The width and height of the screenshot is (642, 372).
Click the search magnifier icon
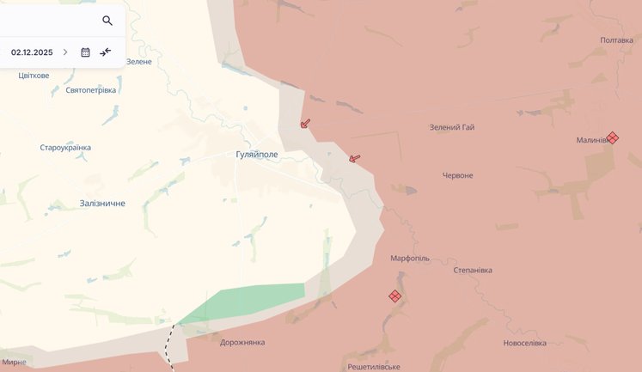tap(107, 21)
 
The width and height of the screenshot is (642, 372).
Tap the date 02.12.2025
tap(32, 52)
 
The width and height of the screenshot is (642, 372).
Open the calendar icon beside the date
tap(85, 52)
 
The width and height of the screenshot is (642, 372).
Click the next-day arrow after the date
tap(65, 52)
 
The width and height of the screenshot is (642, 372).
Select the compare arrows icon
tap(106, 52)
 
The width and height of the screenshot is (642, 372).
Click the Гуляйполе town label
tap(258, 155)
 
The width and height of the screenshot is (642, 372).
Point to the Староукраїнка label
tap(65, 148)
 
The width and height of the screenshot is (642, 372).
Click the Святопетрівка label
tap(90, 90)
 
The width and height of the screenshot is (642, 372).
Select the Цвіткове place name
tap(34, 76)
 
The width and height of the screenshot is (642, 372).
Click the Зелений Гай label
tap(452, 128)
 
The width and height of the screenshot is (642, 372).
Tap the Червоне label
tap(457, 175)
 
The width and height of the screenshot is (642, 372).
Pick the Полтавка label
tap(616, 40)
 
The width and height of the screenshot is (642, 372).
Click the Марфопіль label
tap(410, 258)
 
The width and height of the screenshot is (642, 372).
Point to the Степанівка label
tap(473, 270)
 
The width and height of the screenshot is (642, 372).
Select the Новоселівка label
tap(524, 343)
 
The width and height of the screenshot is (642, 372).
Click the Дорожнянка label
tap(242, 342)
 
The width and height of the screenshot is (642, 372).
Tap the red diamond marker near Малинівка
tap(612, 137)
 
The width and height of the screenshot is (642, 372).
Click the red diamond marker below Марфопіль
tap(394, 296)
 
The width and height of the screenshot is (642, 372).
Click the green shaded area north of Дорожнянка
tap(249, 302)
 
